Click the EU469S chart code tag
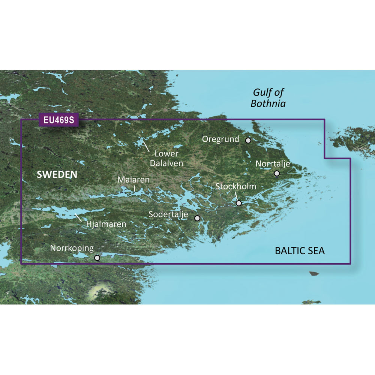coord(58,121)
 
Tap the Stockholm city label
coord(236,186)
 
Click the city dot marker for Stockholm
coord(239,203)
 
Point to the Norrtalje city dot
coord(277,173)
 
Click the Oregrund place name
coord(220,139)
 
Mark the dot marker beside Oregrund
coord(248,140)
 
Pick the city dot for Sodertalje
coord(197,218)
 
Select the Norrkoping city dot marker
coord(97,258)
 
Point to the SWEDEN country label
coord(57,174)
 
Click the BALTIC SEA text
coord(300,251)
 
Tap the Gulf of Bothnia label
coord(268,97)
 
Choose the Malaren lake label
coord(133,180)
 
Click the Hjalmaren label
coord(106,224)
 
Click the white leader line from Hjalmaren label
coord(79,217)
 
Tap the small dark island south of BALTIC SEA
coord(314,273)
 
